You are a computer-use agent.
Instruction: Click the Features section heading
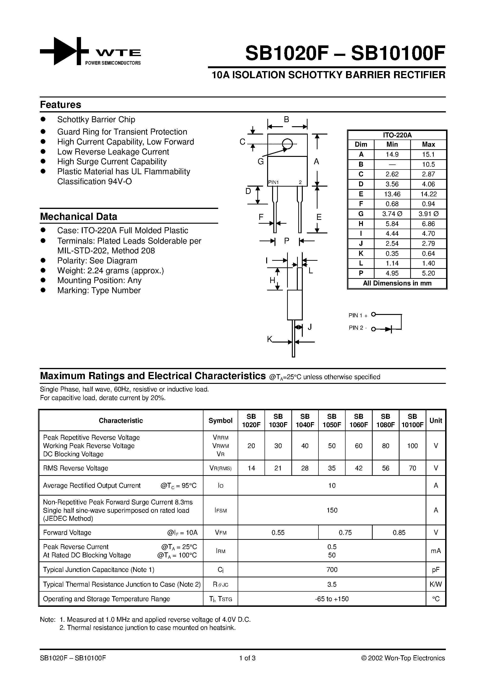coord(61,105)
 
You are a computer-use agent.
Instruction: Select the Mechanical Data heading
coord(78,217)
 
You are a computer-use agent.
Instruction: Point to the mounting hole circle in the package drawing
coord(287,144)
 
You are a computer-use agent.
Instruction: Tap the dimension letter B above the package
coord(286,120)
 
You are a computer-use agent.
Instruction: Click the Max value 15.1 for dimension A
coord(428,154)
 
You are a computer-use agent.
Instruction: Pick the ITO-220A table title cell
coord(397,135)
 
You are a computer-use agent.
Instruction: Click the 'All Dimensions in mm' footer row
coord(397,283)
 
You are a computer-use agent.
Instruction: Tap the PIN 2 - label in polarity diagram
coord(358,328)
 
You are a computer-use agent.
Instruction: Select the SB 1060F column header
coord(358,420)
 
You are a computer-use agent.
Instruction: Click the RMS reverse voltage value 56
coord(385,468)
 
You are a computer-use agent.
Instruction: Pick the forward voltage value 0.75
coord(345,532)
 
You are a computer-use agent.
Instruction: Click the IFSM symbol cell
coord(220,510)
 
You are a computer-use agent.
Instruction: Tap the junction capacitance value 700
coord(332,570)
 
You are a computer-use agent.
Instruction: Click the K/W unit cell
coord(436,584)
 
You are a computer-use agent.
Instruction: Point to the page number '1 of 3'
coord(247,658)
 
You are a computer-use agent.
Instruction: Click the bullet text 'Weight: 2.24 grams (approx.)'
coord(111,271)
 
